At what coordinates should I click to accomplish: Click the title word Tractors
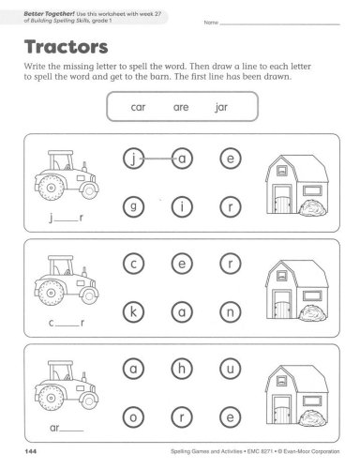[x=67, y=47]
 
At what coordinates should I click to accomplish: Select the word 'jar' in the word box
[x=221, y=107]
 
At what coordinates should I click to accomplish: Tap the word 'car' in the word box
[x=138, y=107]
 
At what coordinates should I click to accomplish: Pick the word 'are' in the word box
[x=181, y=107]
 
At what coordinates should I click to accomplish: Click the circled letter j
[x=133, y=159]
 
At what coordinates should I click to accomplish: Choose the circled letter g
[x=133, y=206]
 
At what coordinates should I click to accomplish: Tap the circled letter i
[x=182, y=206]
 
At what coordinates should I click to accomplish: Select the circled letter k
[x=133, y=312]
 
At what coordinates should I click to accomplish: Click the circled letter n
[x=231, y=312]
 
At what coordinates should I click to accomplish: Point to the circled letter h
[x=182, y=369]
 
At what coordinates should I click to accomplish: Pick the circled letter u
[x=231, y=369]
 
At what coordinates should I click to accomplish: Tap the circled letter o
[x=133, y=417]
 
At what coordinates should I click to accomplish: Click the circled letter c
[x=133, y=264]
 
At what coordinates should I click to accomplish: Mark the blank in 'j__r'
[x=66, y=221]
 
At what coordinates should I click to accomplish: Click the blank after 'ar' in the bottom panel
[x=71, y=431]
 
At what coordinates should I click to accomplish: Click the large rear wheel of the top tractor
[x=51, y=188]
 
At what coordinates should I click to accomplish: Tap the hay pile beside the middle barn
[x=313, y=313]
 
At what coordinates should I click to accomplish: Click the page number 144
[x=30, y=451]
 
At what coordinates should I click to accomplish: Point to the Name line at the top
[x=280, y=24]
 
